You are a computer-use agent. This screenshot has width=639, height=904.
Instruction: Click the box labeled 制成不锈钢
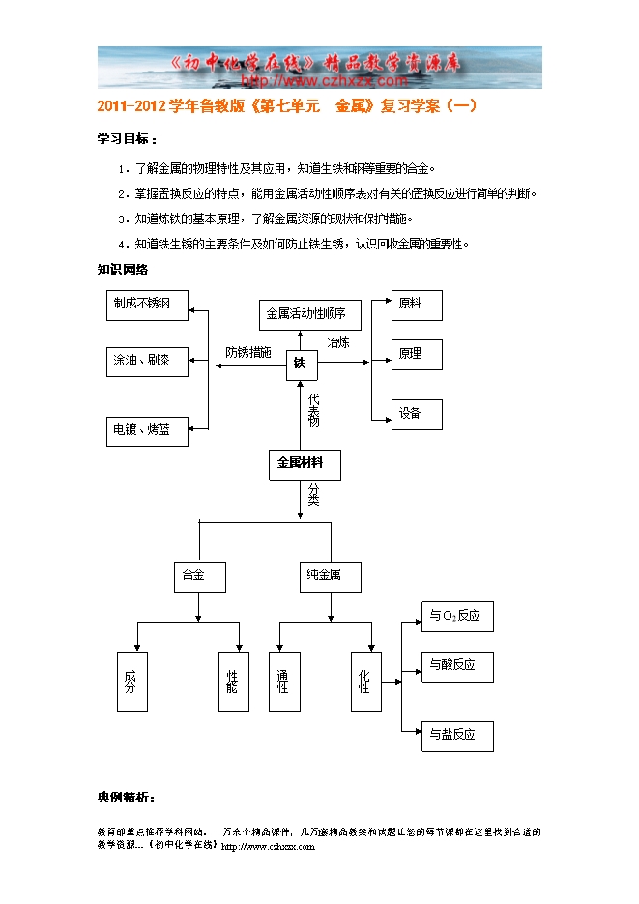(x=146, y=305)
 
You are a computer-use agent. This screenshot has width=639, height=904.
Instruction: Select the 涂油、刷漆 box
(x=146, y=361)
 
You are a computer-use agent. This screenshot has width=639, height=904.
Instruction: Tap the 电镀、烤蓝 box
(x=146, y=430)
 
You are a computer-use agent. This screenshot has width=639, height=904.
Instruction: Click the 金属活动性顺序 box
(x=309, y=315)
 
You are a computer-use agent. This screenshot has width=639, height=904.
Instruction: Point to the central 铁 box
(x=301, y=364)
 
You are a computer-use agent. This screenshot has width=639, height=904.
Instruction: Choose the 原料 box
(x=417, y=305)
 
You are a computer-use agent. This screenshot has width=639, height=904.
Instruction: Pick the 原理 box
(x=417, y=355)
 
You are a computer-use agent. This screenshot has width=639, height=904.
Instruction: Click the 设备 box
(x=417, y=414)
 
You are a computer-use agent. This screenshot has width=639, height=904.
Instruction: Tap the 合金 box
(x=199, y=576)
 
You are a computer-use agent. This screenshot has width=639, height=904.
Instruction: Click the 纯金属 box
(x=329, y=576)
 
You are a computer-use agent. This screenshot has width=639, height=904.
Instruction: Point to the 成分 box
(x=131, y=682)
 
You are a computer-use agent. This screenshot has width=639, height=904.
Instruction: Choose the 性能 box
(x=232, y=682)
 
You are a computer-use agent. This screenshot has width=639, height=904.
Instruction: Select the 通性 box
(x=283, y=682)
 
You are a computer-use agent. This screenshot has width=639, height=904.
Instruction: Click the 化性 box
(x=365, y=682)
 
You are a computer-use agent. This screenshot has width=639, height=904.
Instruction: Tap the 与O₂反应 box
(x=457, y=617)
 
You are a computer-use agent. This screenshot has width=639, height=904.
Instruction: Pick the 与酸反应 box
(x=457, y=666)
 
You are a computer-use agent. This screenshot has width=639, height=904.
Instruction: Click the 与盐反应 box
(x=457, y=736)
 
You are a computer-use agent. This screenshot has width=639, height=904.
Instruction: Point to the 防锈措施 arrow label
(x=248, y=352)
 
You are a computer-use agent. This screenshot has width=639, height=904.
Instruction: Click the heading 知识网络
(x=122, y=270)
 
